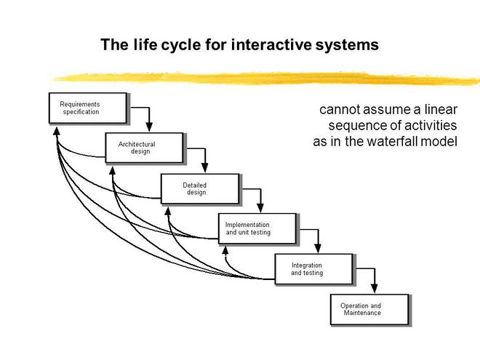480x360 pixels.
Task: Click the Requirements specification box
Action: tap(88, 108)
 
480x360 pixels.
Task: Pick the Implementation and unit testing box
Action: tap(257, 229)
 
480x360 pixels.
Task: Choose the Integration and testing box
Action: tap(313, 269)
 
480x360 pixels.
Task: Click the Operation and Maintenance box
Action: tap(369, 310)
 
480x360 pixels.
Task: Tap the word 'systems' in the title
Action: tap(348, 45)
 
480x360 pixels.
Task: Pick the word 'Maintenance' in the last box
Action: tap(362, 313)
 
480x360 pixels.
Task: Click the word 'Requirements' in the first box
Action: tap(80, 105)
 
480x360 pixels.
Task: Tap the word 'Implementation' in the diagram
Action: tap(247, 225)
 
